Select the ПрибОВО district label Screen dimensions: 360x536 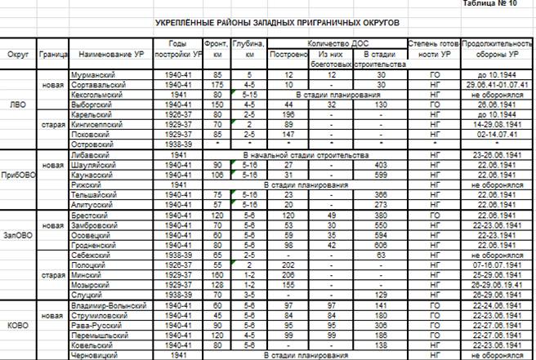(x=18, y=176)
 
